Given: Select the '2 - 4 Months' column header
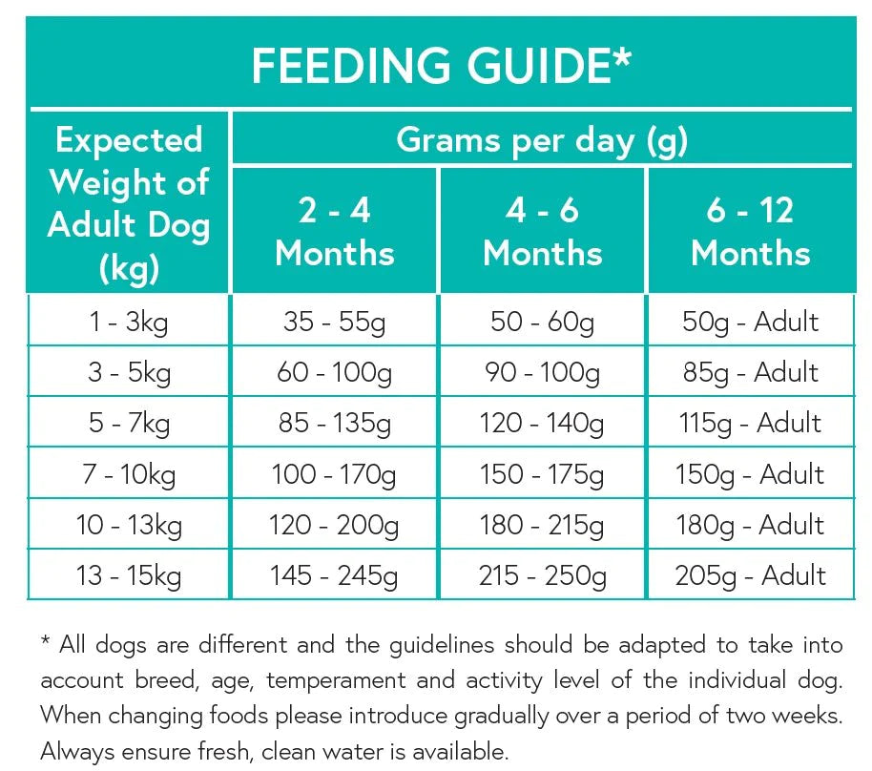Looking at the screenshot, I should click(334, 232).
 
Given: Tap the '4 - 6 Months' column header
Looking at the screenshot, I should click(542, 232).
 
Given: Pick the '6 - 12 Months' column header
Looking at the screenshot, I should click(750, 232).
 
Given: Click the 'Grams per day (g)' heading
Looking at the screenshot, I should click(541, 140).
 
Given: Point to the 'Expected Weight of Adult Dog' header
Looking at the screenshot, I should click(129, 203).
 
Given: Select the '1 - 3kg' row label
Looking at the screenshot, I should click(129, 322).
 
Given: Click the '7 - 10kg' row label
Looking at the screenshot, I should click(129, 473).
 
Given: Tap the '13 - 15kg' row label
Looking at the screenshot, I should click(129, 575).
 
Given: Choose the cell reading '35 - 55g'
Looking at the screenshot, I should click(334, 322).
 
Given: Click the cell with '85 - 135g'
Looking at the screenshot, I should click(334, 423).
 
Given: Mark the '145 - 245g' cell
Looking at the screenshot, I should click(334, 575).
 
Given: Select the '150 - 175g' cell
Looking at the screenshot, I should click(542, 473).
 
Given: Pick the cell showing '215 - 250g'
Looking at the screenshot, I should click(542, 575).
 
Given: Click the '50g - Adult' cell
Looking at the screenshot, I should click(750, 322).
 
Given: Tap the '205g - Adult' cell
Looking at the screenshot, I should click(750, 575).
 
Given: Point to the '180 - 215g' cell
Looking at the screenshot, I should click(542, 525).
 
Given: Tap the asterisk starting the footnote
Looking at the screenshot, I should click(45, 642).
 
